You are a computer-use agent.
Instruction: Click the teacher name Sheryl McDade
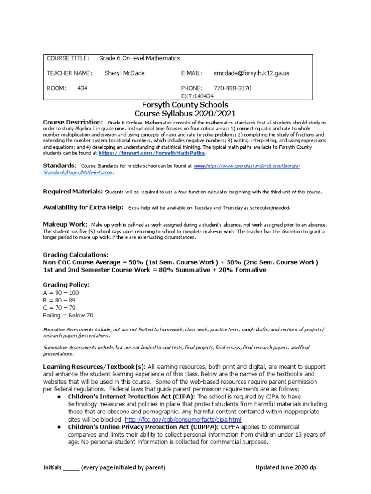[125, 73]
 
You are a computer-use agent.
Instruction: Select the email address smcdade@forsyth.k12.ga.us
[251, 73]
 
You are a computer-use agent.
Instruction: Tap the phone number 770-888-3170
[232, 88]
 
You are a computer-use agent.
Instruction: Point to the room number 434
[82, 88]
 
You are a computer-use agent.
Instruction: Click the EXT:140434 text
[196, 96]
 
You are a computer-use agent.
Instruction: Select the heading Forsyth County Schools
[185, 105]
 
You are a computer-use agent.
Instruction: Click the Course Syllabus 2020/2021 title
[185, 114]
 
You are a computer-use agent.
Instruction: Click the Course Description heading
[73, 123]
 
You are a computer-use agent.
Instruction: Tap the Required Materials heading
[73, 192]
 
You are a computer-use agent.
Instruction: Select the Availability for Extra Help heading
[83, 207]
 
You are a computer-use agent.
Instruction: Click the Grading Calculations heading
[76, 254]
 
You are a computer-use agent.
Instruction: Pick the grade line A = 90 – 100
[61, 293]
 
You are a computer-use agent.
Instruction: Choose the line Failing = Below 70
[68, 315]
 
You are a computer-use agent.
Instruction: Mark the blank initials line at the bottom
[71, 467]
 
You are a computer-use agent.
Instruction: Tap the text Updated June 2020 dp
[286, 467]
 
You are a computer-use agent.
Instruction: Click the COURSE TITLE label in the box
[68, 58]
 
